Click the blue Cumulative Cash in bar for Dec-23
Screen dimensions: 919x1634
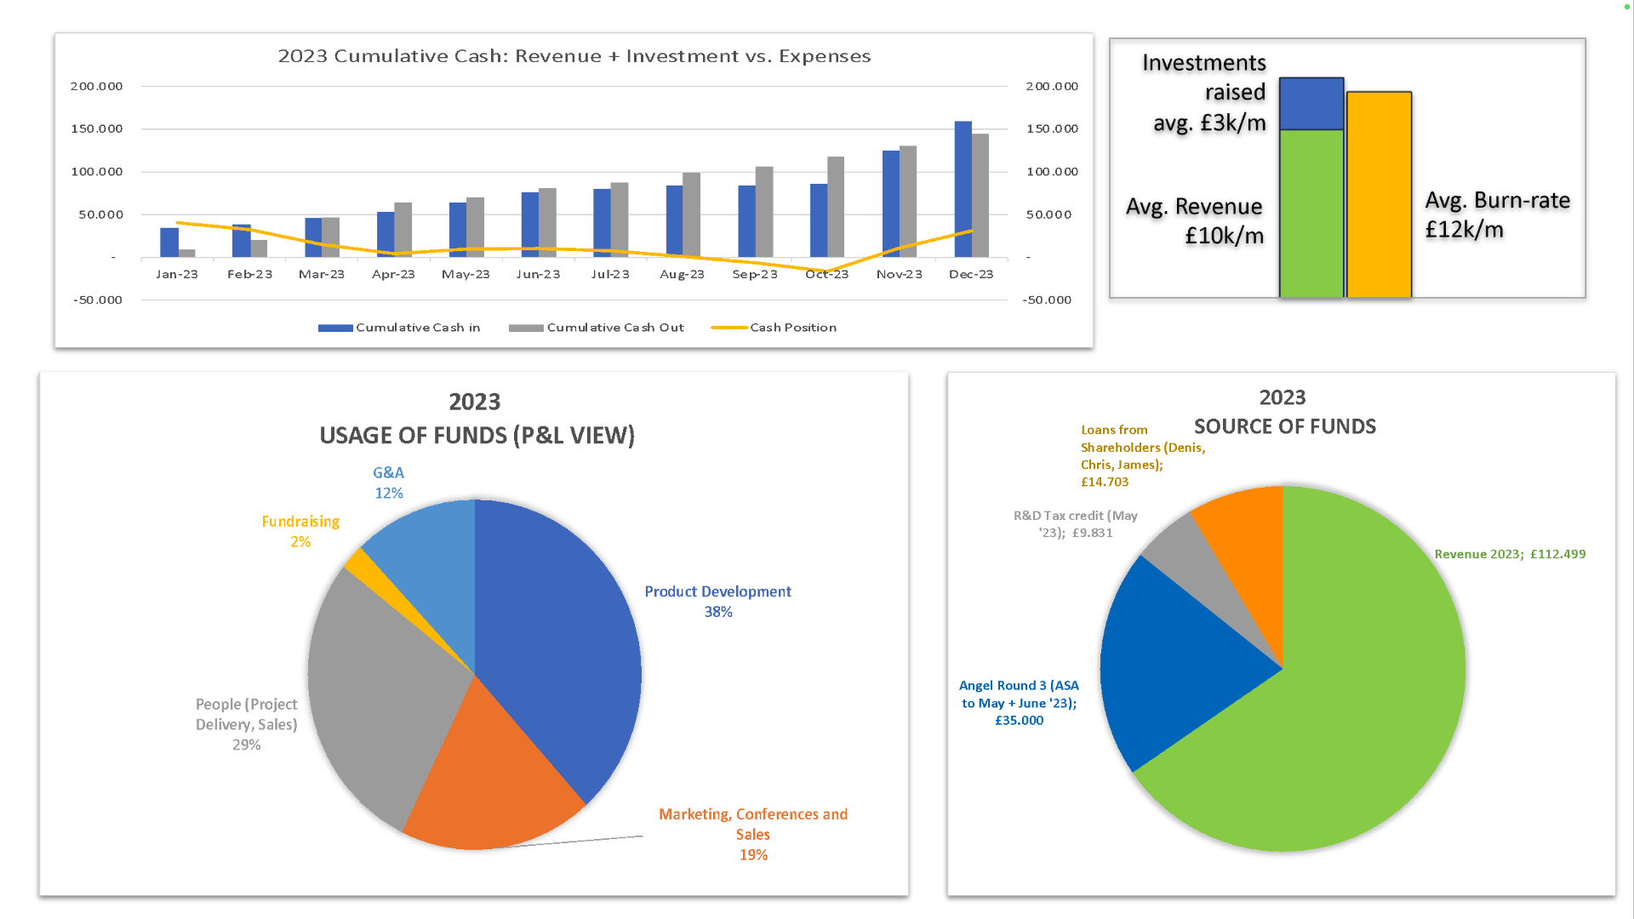(963, 189)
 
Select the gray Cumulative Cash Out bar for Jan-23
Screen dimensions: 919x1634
(187, 253)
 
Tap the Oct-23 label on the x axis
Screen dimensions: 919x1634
(826, 274)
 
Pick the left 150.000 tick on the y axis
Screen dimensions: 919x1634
(96, 128)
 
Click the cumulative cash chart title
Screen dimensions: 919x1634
(574, 56)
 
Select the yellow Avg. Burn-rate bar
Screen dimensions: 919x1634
(1379, 194)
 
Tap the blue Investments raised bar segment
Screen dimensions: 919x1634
(1311, 103)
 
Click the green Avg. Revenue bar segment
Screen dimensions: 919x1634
(1311, 213)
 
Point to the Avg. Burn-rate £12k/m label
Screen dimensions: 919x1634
(1496, 214)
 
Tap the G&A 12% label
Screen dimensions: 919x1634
(388, 482)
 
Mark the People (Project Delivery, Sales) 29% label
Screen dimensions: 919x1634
(246, 724)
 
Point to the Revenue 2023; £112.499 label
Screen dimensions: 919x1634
(1509, 554)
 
